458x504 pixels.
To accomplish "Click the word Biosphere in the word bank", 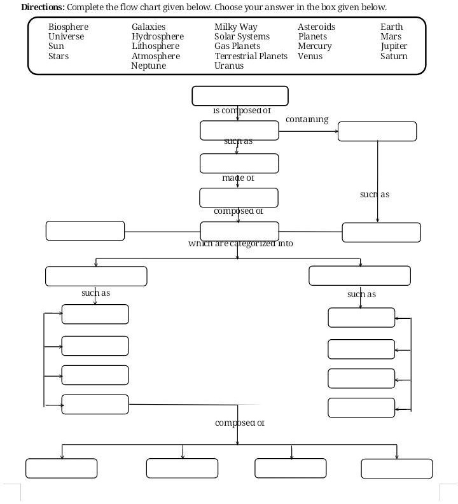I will tap(68, 27).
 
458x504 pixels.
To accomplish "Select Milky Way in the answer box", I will tap(235, 27).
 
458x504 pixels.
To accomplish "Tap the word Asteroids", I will tap(316, 27).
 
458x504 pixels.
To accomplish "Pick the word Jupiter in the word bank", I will tap(394, 46).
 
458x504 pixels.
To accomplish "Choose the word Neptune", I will tap(148, 66).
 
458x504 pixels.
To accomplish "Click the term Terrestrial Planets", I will tap(251, 56).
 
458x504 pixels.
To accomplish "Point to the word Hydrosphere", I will tap(157, 37).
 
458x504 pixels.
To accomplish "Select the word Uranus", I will tap(229, 66).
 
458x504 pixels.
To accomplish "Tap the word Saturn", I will tap(394, 56).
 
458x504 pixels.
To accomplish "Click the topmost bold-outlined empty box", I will tap(240, 96).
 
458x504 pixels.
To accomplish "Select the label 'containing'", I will tap(307, 119).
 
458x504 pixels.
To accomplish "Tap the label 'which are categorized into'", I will tap(240, 243).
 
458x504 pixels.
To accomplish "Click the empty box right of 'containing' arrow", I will tap(377, 132).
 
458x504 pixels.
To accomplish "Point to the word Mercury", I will tap(314, 46).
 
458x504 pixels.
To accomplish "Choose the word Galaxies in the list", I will tap(148, 27).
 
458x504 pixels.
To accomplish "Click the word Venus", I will tap(310, 56).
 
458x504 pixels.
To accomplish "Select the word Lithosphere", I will tap(155, 46).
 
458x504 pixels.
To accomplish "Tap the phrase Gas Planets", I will tap(237, 46).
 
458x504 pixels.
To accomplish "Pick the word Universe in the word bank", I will tap(66, 37).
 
